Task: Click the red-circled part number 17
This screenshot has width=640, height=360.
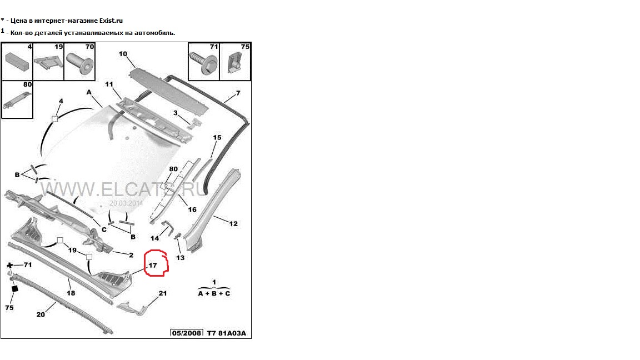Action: pyautogui.click(x=153, y=266)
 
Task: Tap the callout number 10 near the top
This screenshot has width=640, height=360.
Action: pyautogui.click(x=123, y=54)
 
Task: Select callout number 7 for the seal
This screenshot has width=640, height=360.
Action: pyautogui.click(x=238, y=93)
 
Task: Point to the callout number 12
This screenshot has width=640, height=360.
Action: pyautogui.click(x=233, y=224)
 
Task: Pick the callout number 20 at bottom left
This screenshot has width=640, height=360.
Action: pyautogui.click(x=41, y=314)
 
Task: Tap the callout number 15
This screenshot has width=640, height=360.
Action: pyautogui.click(x=217, y=137)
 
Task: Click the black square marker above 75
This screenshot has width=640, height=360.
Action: pyautogui.click(x=15, y=288)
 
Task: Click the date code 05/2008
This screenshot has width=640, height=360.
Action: pyautogui.click(x=187, y=333)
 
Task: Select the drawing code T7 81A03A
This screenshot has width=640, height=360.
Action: pyautogui.click(x=226, y=333)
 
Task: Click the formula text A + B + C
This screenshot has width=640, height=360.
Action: pyautogui.click(x=214, y=293)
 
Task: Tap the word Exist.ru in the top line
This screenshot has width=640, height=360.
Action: pyautogui.click(x=108, y=20)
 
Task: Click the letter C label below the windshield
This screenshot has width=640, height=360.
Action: pyautogui.click(x=104, y=229)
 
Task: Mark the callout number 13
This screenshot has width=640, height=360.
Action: pyautogui.click(x=181, y=258)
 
